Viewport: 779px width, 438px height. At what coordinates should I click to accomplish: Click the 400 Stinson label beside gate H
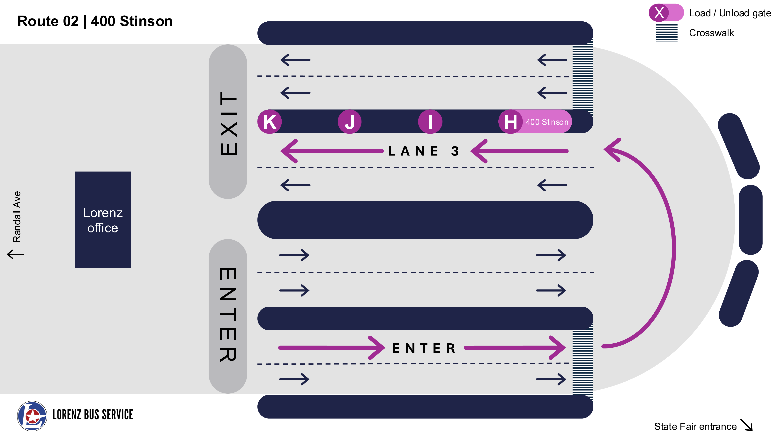click(x=547, y=122)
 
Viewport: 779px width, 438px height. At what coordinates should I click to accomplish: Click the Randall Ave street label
click(x=17, y=216)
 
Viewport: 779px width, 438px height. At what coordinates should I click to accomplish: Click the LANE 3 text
click(x=423, y=151)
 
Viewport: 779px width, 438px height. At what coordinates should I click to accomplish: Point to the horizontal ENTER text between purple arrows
click(x=423, y=348)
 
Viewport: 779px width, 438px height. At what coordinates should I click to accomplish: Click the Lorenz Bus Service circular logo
click(x=32, y=416)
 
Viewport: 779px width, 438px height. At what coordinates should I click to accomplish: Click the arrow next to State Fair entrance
click(x=746, y=424)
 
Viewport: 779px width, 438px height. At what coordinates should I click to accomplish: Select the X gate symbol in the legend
click(x=659, y=13)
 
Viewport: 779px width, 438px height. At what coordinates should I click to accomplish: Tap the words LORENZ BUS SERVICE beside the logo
click(x=93, y=414)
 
